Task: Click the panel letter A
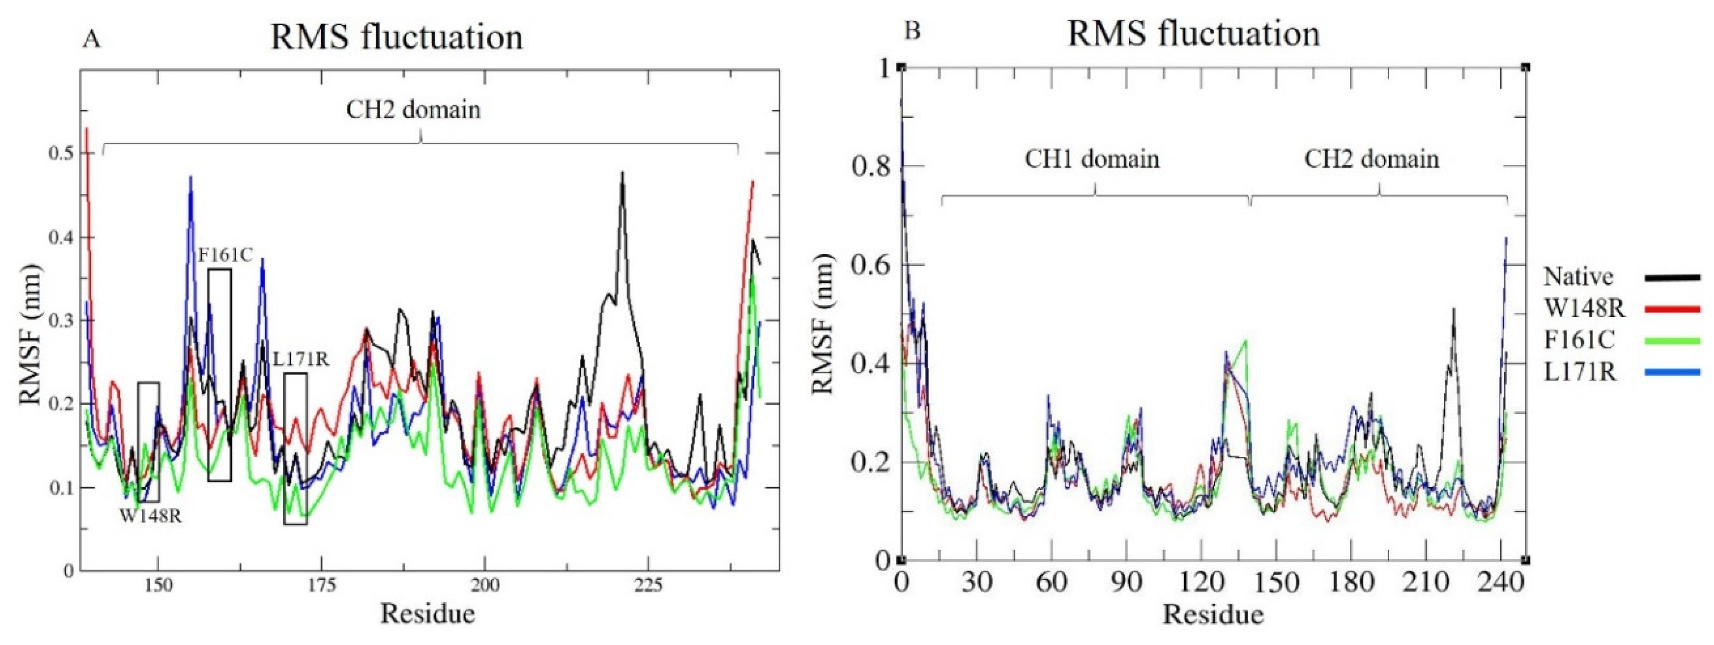pos(92,40)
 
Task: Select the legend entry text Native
pos(1577,276)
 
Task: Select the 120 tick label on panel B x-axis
pos(1202,584)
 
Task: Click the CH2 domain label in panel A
pos(413,110)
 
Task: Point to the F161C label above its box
pos(225,255)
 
